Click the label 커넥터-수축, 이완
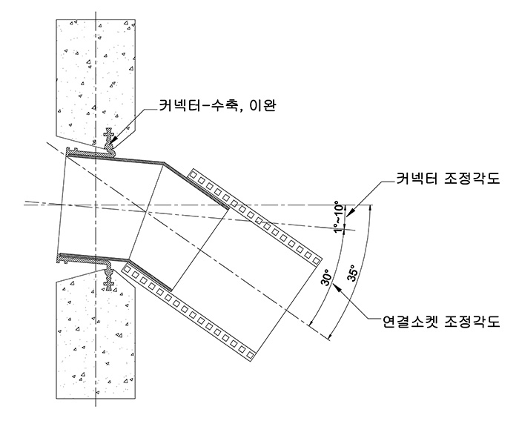point(216,105)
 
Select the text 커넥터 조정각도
point(448,179)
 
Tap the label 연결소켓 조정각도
point(441,321)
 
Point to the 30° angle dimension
point(325,277)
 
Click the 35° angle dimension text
point(353,274)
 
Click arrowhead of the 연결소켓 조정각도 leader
point(337,288)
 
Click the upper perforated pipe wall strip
point(255,216)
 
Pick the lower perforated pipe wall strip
point(188,312)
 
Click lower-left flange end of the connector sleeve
point(63,259)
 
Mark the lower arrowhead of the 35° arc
point(329,337)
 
